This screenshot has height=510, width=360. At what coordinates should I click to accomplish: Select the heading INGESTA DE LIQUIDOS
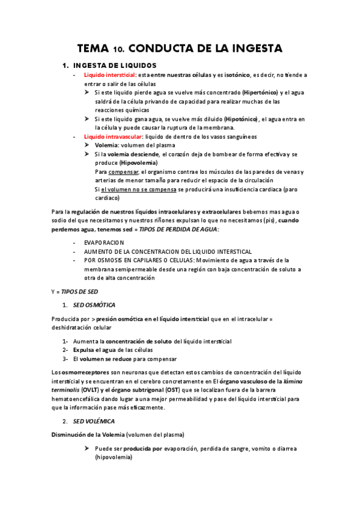[x=115, y=65]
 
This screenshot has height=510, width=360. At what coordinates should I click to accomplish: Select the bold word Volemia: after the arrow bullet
[x=106, y=145]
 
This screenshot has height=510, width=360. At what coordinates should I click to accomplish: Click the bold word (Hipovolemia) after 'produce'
[x=138, y=162]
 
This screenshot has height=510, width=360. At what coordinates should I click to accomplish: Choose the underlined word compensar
[x=122, y=171]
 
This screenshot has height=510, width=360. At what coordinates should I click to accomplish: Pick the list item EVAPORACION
[x=104, y=242]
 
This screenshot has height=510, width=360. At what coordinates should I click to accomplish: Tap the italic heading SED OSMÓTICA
[x=94, y=305]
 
